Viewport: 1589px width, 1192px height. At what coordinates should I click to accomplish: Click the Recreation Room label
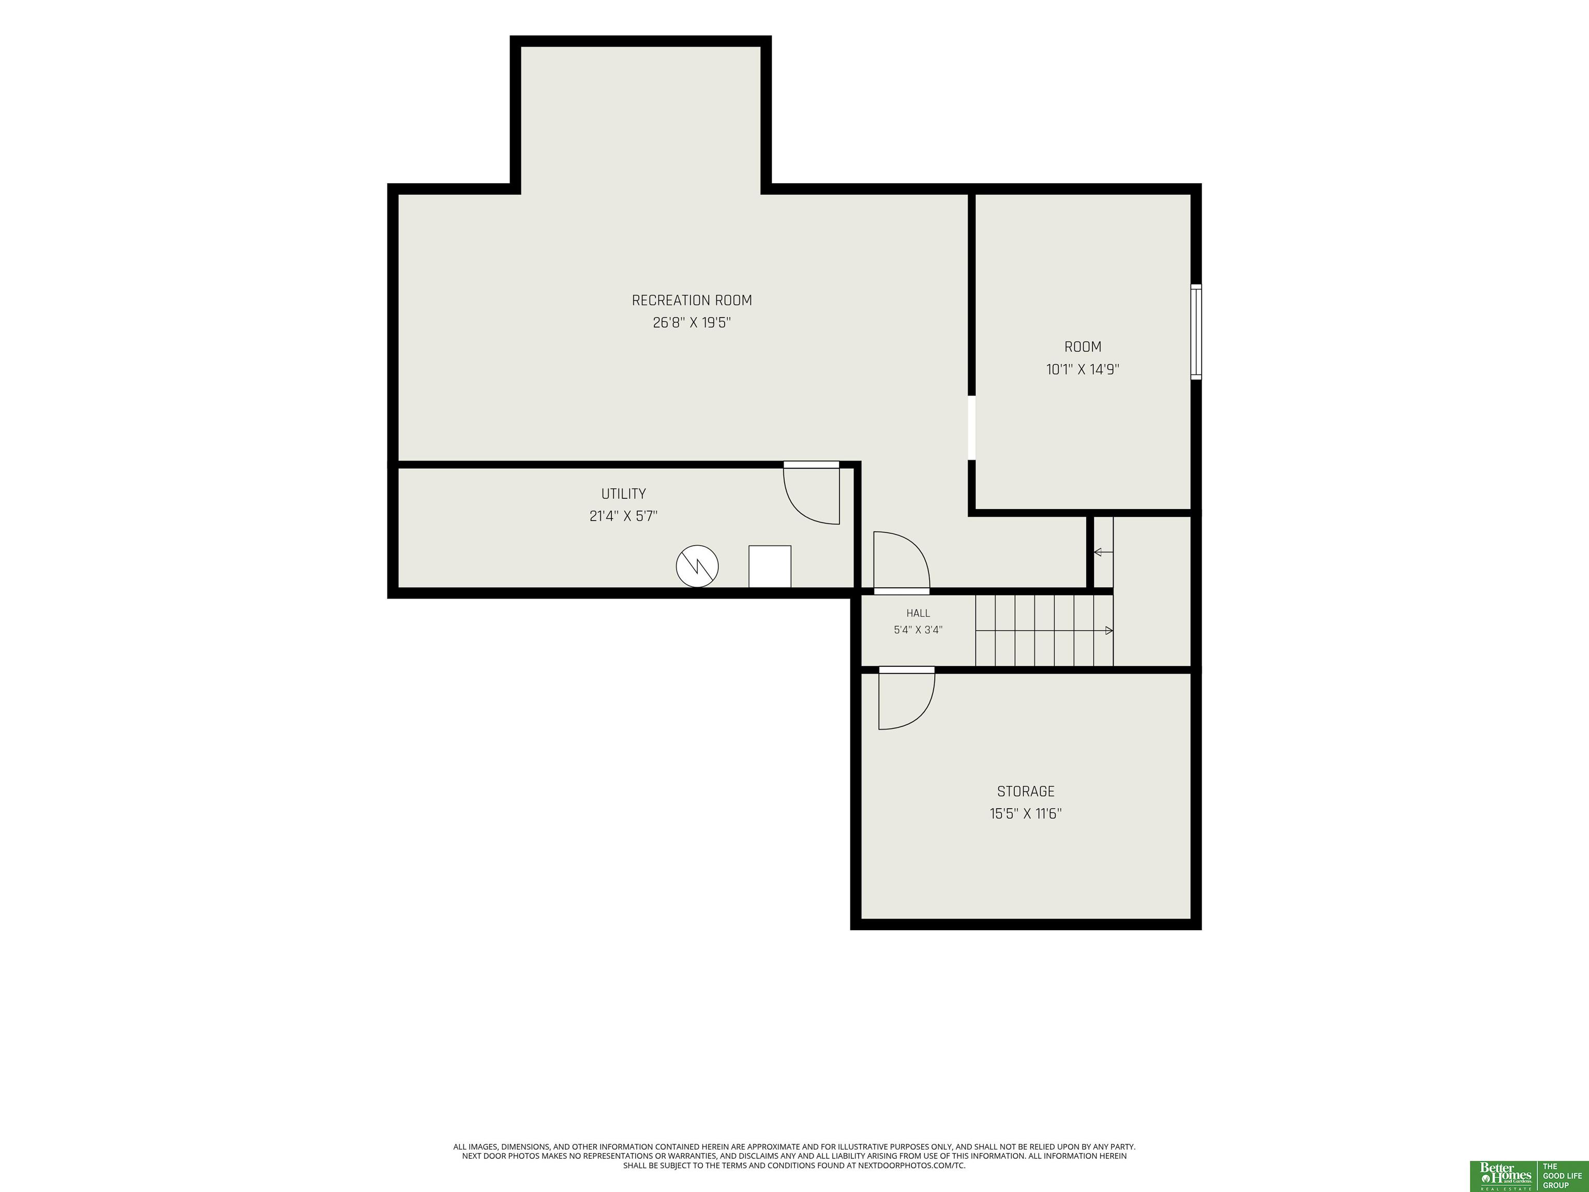(692, 301)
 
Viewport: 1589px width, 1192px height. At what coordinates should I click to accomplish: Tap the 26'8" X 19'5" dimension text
(692, 323)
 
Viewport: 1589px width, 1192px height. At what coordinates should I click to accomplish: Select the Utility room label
(623, 494)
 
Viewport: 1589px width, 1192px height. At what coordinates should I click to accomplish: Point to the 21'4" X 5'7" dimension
(623, 516)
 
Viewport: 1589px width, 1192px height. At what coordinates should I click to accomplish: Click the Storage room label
(1026, 791)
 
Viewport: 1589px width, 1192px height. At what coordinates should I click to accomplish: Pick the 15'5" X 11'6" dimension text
(1026, 813)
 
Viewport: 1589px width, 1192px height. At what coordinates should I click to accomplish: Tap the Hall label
(918, 613)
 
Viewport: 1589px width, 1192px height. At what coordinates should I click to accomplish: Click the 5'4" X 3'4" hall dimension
(918, 630)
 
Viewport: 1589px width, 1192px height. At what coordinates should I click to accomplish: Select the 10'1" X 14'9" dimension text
(1083, 369)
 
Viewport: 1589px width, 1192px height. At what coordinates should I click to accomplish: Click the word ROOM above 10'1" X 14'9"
(1083, 347)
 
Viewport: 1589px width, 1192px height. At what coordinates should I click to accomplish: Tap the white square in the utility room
(770, 566)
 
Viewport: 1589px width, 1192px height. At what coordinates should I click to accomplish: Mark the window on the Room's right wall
(1196, 332)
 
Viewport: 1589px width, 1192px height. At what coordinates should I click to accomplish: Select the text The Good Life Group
(1563, 1175)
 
